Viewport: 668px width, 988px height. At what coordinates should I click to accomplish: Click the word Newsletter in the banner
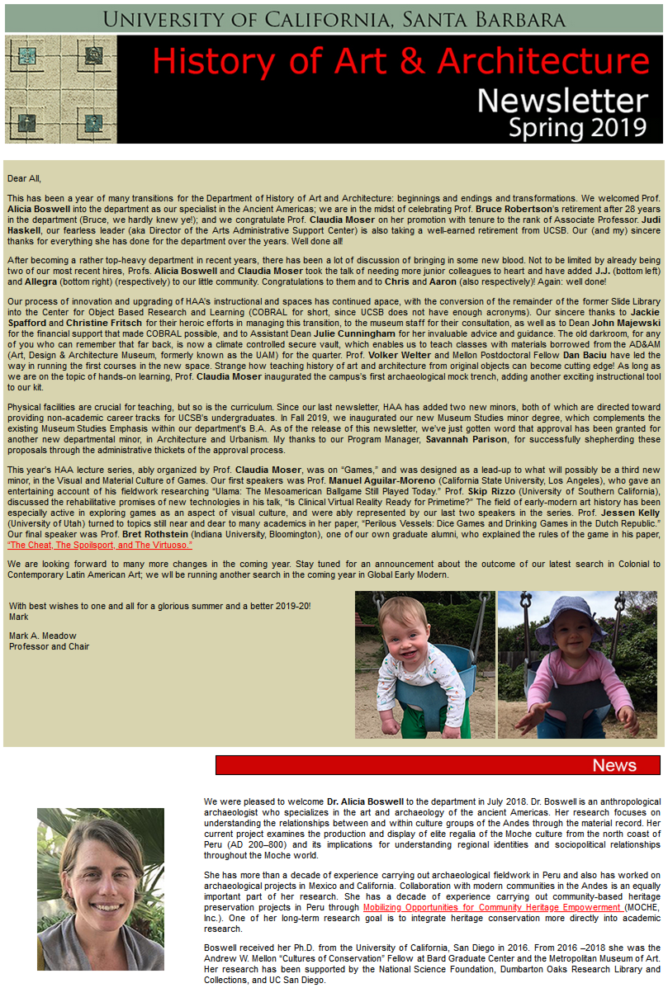point(562,100)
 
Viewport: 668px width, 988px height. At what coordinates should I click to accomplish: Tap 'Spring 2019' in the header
point(577,127)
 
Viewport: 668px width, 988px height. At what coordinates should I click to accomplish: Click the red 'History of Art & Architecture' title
point(400,62)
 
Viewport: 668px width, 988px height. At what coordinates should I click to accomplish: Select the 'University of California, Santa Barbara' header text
point(334,19)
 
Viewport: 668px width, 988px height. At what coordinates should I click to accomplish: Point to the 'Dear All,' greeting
point(24,178)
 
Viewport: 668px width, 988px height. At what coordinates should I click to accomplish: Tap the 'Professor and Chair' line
point(49,646)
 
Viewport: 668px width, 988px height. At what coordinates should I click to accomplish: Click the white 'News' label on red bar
point(614,765)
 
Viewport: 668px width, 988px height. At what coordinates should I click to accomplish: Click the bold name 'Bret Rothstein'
point(153,535)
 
